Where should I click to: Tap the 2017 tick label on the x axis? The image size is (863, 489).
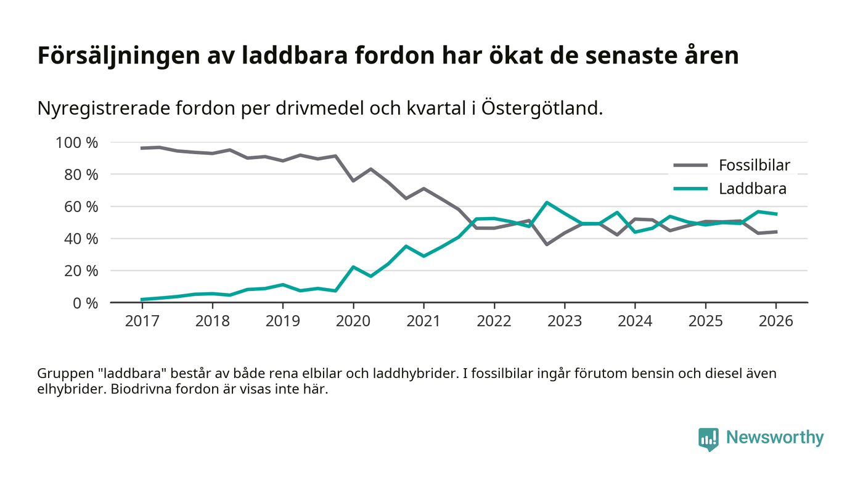tap(142, 321)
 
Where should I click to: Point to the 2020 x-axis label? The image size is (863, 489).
tap(353, 321)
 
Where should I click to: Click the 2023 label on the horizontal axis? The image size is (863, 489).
tap(564, 321)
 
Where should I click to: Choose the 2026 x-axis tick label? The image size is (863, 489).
tap(775, 321)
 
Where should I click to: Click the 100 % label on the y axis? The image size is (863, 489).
tap(77, 142)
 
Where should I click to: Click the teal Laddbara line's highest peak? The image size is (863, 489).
tap(546, 202)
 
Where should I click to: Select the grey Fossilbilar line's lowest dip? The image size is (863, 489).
tap(546, 245)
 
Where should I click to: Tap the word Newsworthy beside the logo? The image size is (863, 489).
tap(775, 438)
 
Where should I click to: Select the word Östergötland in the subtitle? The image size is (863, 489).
tap(540, 109)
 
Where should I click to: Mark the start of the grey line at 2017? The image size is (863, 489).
tap(142, 148)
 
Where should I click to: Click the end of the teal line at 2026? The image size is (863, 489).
tap(775, 214)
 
